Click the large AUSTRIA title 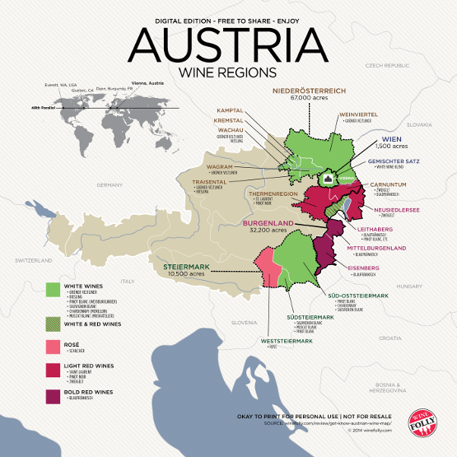[x=228, y=43]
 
